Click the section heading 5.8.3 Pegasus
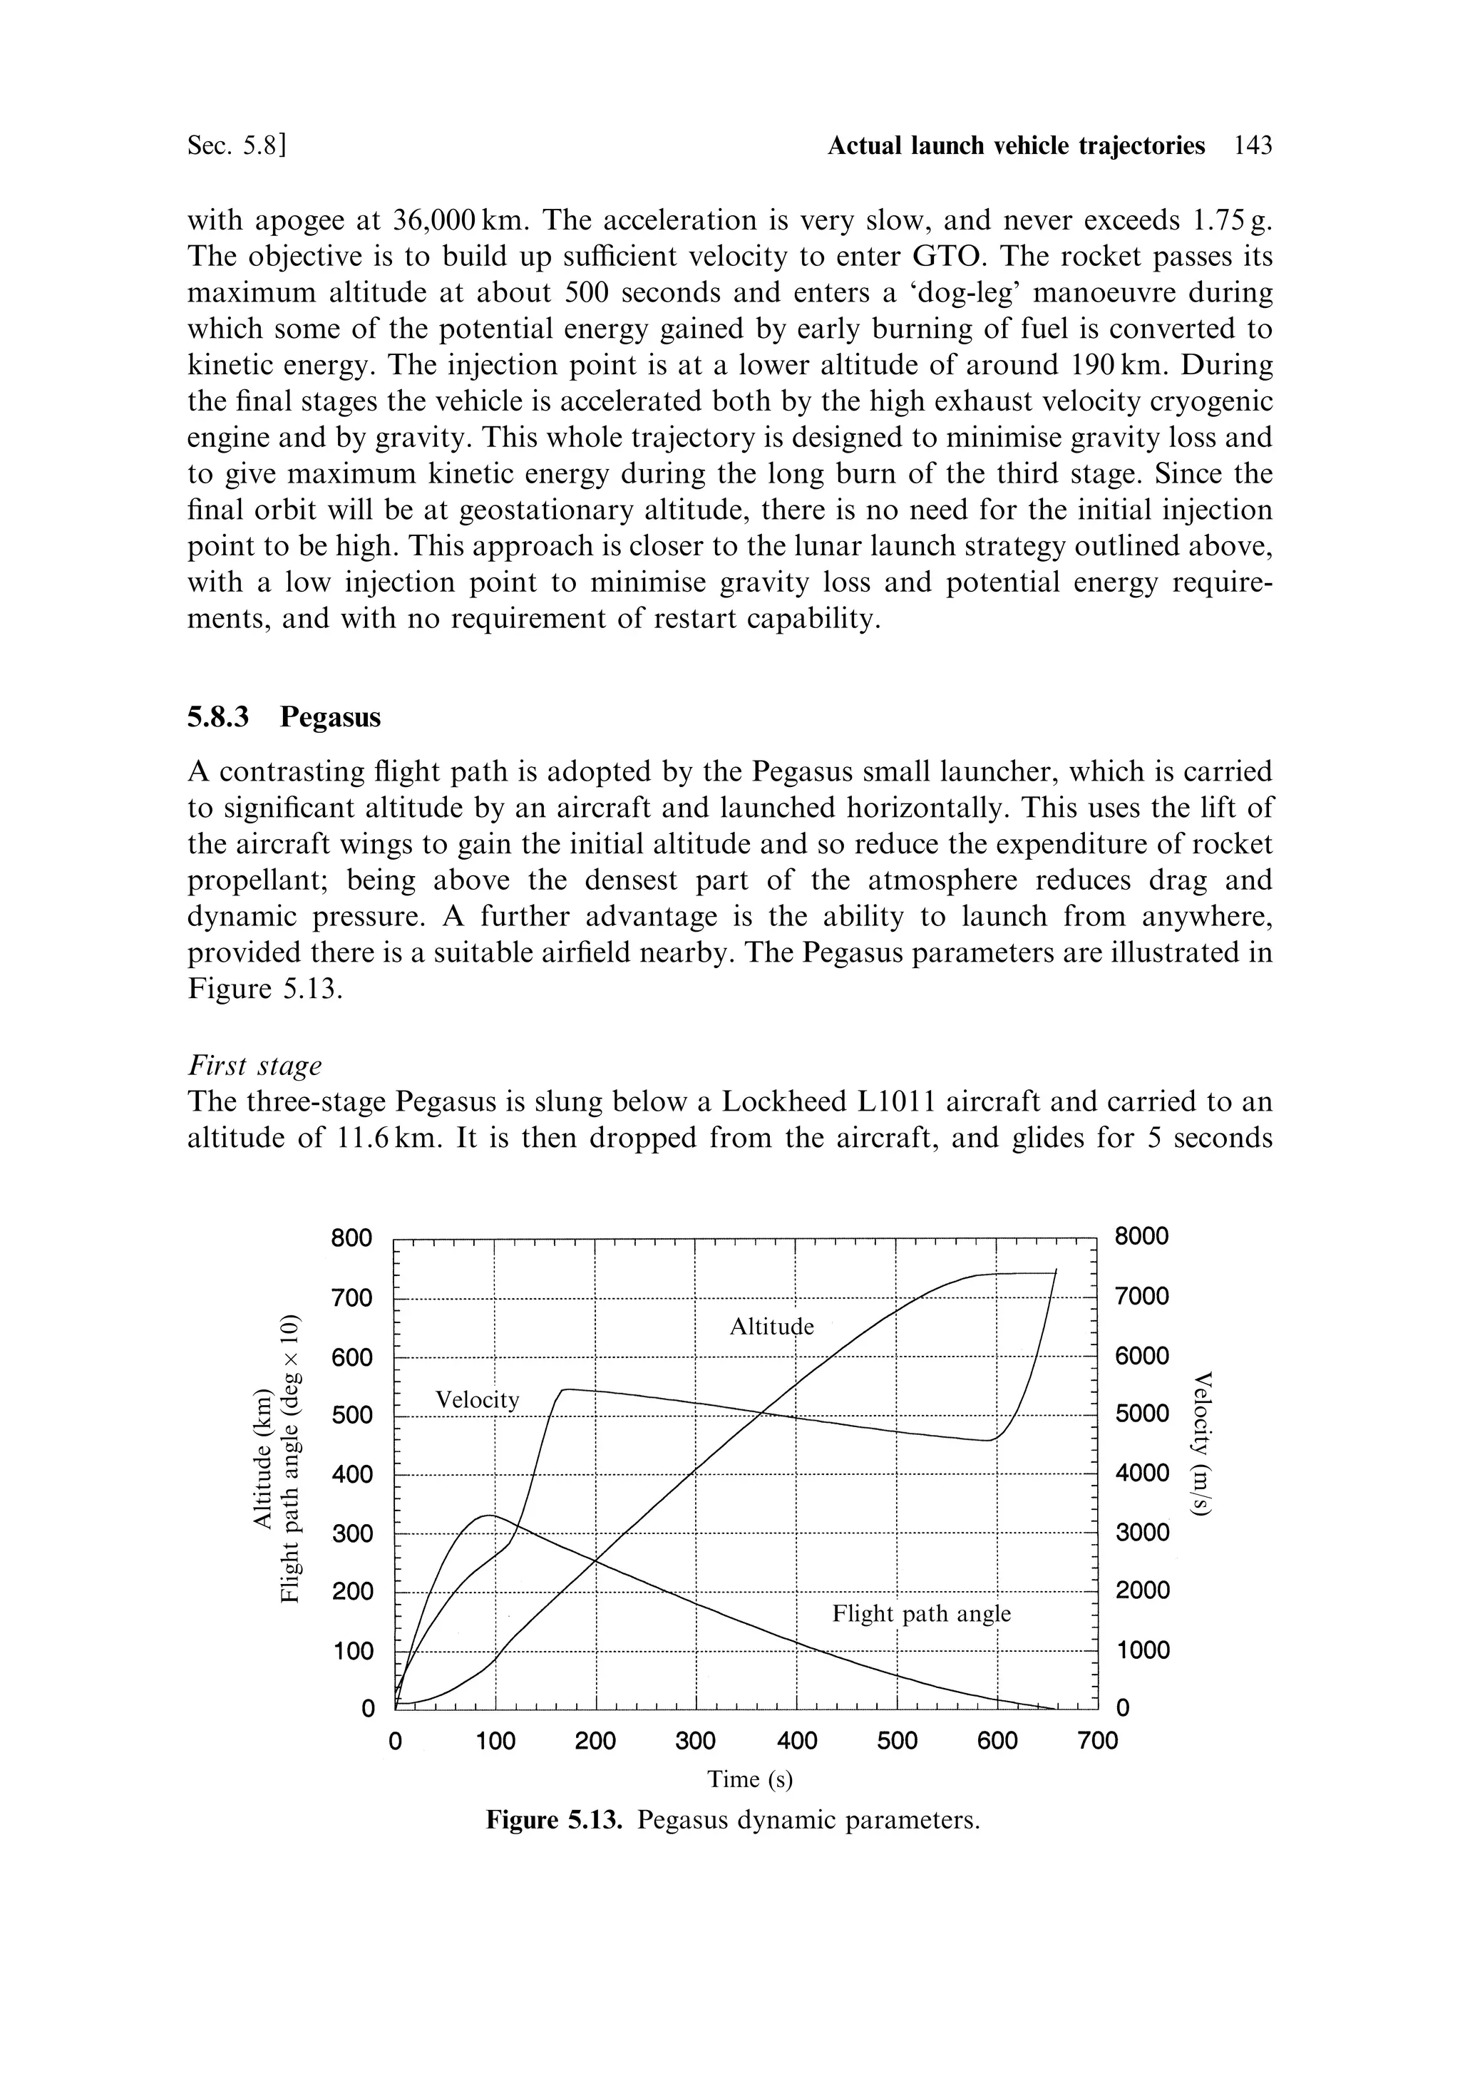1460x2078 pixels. click(x=284, y=717)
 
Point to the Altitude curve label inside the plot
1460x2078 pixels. click(x=771, y=1327)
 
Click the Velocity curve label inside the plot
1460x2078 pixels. click(x=478, y=1399)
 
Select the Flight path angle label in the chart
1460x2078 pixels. click(x=920, y=1614)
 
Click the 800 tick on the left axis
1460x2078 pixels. click(x=351, y=1238)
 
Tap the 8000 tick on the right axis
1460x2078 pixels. click(x=1142, y=1236)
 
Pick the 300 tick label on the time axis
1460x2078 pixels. click(x=695, y=1742)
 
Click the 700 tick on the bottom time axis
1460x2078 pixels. click(x=1098, y=1742)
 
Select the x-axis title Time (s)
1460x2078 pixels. click(x=749, y=1779)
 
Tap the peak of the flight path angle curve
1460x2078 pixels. click(x=490, y=1515)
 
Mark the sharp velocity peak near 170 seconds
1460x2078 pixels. click(x=565, y=1389)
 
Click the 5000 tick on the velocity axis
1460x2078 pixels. click(x=1142, y=1414)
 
